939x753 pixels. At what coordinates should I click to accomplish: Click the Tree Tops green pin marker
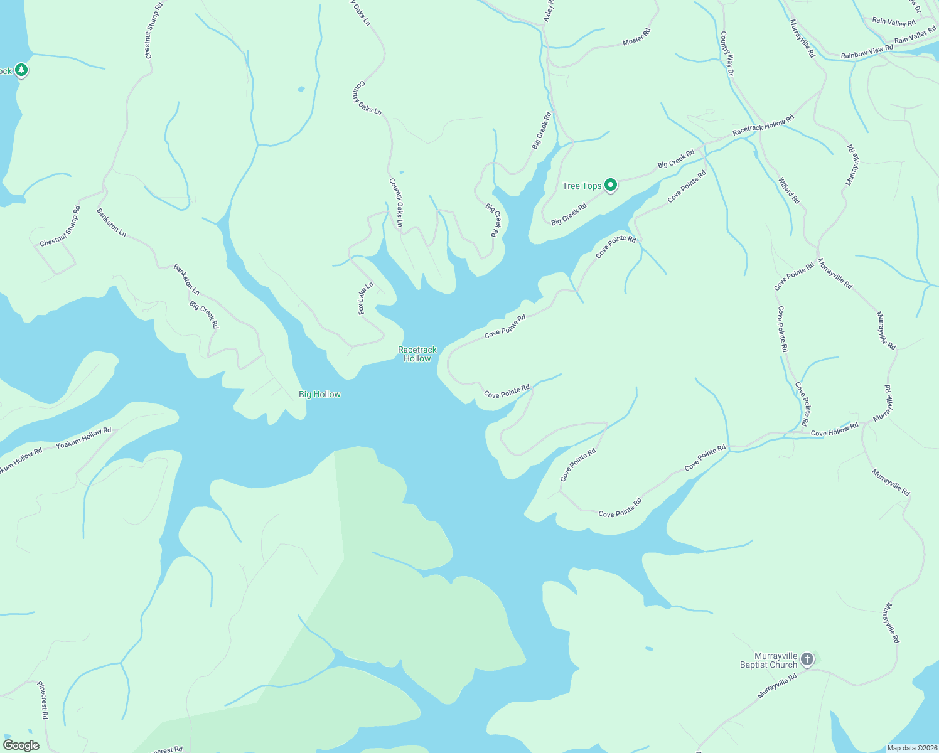(x=610, y=184)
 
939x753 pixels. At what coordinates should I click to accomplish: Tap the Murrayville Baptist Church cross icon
(x=807, y=659)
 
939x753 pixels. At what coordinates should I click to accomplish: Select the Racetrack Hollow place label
(x=417, y=354)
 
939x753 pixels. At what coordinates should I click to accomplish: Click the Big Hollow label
(x=319, y=394)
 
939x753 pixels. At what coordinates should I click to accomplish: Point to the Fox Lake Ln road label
(x=365, y=298)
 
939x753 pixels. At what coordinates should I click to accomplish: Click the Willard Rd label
(x=789, y=191)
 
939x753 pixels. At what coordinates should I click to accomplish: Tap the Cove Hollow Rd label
(x=834, y=430)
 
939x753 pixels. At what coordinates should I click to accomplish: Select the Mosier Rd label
(x=636, y=36)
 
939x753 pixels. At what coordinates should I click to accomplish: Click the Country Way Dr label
(x=727, y=53)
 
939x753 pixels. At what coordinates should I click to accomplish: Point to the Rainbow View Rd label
(x=867, y=51)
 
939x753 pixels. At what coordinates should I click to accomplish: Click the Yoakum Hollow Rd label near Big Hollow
(x=83, y=438)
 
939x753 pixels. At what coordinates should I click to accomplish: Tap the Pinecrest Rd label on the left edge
(x=43, y=700)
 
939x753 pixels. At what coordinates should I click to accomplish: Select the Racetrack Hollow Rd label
(x=763, y=125)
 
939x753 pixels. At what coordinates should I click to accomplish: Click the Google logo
(x=21, y=745)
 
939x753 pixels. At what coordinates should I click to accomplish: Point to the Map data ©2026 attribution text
(x=911, y=748)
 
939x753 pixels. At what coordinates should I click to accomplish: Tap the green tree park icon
(x=21, y=70)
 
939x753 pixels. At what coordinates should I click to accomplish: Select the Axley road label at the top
(x=549, y=11)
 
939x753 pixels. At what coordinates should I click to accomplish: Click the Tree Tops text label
(x=582, y=186)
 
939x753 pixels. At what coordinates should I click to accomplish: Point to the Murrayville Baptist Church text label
(x=769, y=660)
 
